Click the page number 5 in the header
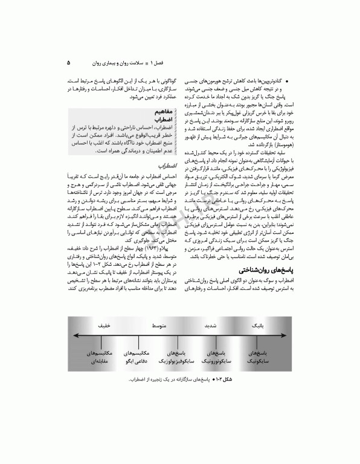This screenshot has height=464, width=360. tap(68, 62)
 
